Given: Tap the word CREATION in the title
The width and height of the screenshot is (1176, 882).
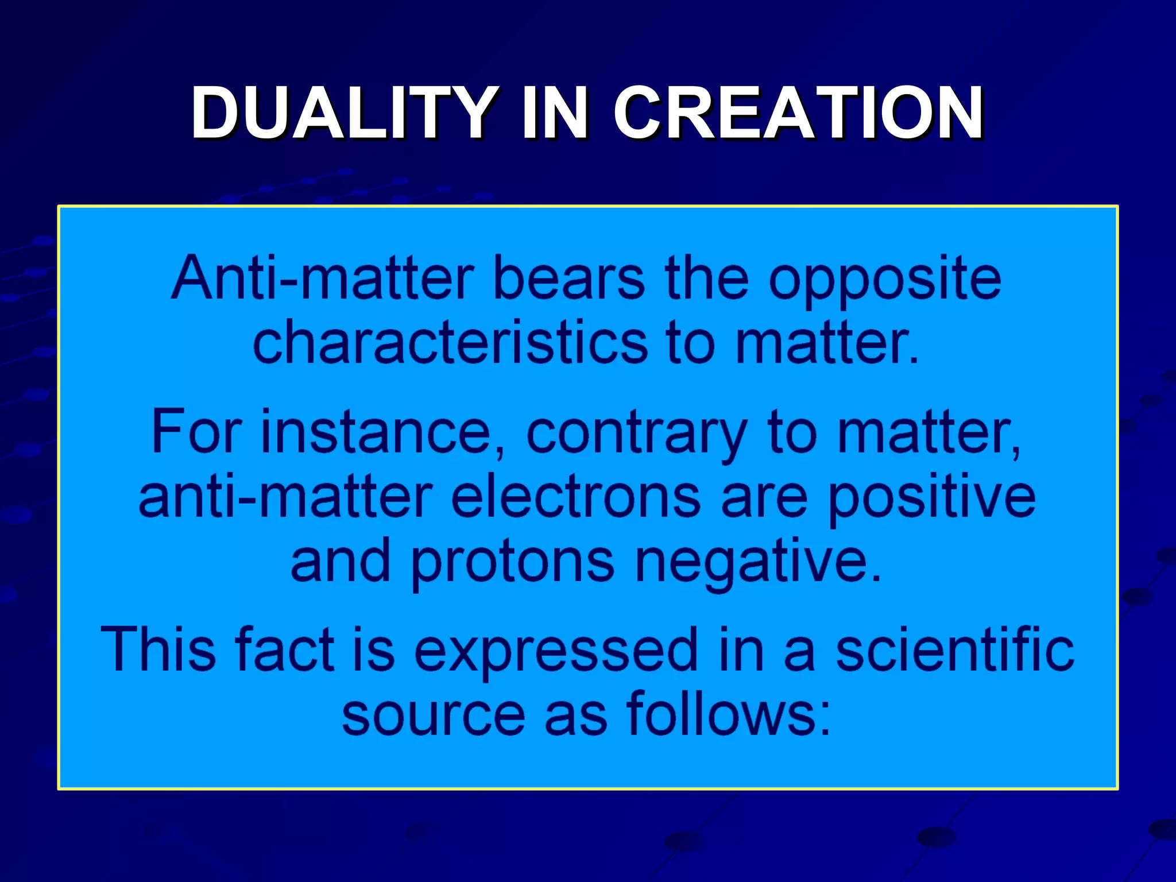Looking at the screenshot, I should point(798,113).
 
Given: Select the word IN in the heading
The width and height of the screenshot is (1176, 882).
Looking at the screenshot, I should point(555,113).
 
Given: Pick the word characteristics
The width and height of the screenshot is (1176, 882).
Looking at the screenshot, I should point(450,343).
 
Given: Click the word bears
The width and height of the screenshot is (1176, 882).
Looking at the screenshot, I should point(568,278).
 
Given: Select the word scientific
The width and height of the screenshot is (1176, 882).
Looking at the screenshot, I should point(954,649).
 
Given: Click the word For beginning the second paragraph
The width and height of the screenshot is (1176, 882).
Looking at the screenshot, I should point(196,432).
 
